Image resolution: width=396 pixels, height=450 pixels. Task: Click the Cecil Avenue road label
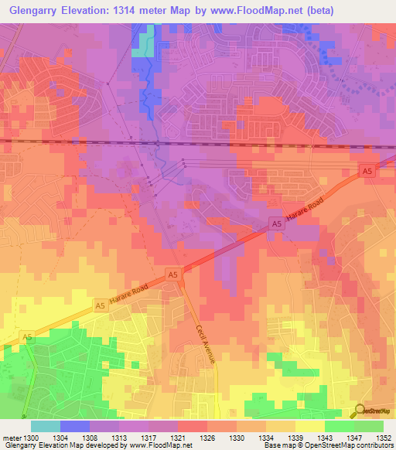click(x=204, y=329)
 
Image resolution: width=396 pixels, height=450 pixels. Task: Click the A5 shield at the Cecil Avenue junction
click(x=174, y=273)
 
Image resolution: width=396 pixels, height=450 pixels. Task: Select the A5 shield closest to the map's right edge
click(x=367, y=172)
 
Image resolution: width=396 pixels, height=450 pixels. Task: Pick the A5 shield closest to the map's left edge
click(x=27, y=337)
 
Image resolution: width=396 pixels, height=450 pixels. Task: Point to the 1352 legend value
click(x=384, y=437)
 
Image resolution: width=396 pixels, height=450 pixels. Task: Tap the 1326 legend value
click(x=207, y=437)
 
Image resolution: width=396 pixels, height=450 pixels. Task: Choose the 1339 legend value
click(x=295, y=437)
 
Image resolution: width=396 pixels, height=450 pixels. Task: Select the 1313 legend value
click(x=118, y=437)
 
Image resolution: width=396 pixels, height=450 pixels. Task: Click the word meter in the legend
click(x=11, y=437)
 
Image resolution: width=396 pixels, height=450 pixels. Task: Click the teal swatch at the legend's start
click(x=45, y=426)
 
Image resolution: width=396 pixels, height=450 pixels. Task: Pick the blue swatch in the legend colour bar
click(x=74, y=426)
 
